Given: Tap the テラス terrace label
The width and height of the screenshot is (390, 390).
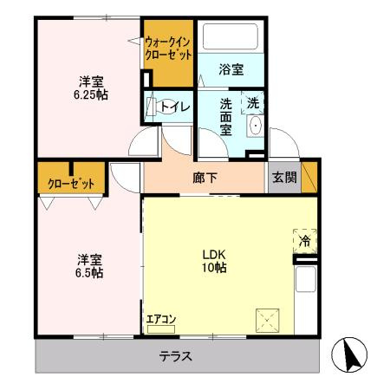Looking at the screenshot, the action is pos(176,356).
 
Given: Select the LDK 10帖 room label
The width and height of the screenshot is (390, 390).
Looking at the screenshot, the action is pos(214,261).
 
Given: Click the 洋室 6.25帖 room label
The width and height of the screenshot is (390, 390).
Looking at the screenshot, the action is pos(91,88).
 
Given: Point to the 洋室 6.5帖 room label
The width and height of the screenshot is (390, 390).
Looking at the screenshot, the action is pos(89,266).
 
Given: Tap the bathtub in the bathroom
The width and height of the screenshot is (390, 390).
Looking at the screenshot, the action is pos(231,36).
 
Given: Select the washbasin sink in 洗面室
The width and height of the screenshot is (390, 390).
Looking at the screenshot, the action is pos(256,126).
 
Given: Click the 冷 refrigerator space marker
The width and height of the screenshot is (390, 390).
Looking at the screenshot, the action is pos(305,241).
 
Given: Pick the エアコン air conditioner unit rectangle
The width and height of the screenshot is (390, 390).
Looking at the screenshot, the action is pos(161,329).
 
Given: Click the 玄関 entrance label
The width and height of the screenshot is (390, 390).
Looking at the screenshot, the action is pos(284,177).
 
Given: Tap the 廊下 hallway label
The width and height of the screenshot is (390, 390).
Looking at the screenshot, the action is pos(205,178).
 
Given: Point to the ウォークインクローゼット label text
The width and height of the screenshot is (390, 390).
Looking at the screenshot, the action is pos(168,49).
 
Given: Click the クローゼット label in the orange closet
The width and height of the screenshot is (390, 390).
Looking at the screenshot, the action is pos(71,184).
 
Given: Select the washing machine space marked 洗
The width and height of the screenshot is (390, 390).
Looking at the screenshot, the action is pos(252,103).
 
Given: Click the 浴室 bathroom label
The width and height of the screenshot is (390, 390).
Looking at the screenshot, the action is pos(231,69).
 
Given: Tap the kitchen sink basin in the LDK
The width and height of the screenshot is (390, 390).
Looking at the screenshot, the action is pos(306,279).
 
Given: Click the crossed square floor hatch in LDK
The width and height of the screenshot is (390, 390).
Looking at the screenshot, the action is pos(268,320).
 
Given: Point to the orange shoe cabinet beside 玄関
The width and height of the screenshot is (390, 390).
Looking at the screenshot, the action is pos(309,177).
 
